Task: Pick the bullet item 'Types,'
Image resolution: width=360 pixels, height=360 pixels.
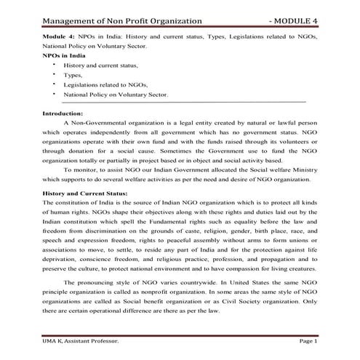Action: [x=73, y=74]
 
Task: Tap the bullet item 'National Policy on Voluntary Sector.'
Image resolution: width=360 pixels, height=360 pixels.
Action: [x=116, y=95]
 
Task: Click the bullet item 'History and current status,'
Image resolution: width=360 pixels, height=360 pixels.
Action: [x=100, y=65]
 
